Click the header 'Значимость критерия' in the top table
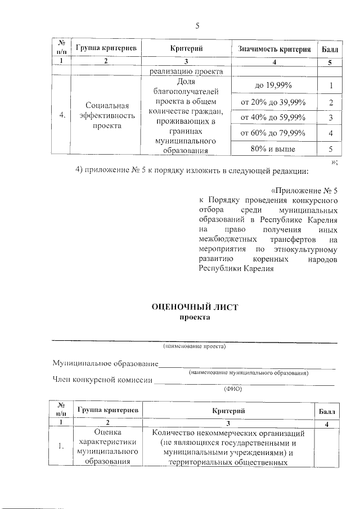274,49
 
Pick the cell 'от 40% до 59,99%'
273,118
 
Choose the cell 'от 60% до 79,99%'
273,133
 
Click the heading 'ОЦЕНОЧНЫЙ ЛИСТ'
196,307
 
